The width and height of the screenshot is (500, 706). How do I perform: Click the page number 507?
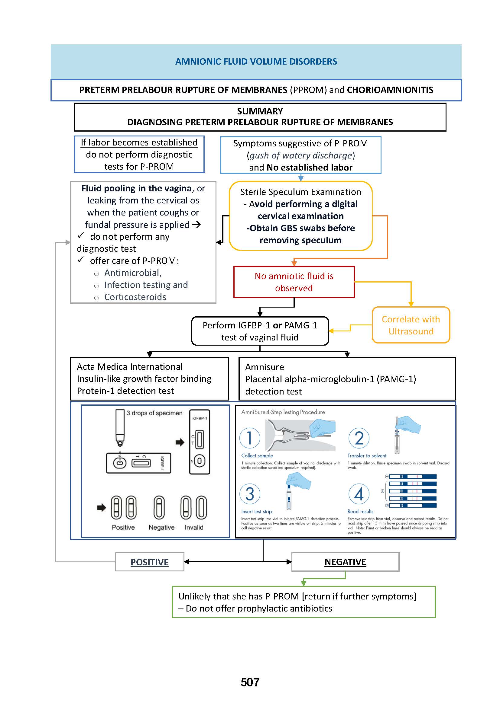(x=250, y=682)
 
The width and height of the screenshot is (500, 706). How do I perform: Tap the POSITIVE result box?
(x=150, y=562)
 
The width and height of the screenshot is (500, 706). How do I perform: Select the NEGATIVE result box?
(x=345, y=562)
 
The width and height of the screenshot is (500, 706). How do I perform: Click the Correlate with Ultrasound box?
(x=411, y=325)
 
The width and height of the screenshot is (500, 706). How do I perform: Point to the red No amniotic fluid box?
(x=294, y=282)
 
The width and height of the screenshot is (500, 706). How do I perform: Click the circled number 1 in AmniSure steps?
(x=250, y=438)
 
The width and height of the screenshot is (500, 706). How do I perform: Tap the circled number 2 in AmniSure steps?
(x=359, y=438)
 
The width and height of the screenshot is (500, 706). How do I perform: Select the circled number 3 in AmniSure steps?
(x=250, y=494)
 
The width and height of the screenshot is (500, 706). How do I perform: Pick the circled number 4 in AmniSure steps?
(x=359, y=494)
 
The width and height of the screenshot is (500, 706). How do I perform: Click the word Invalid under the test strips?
(x=194, y=527)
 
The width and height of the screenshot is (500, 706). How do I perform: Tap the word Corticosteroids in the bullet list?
(x=135, y=297)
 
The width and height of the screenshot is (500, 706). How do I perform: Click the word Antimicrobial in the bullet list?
(x=133, y=273)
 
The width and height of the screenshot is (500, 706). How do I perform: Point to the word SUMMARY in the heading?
(x=260, y=111)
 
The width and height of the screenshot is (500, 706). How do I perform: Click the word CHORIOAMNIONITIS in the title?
(x=390, y=90)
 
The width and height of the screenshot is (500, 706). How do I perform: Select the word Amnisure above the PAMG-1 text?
(x=265, y=367)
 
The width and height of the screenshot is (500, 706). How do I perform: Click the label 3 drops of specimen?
(x=154, y=413)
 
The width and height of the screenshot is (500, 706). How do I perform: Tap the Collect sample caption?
(x=257, y=456)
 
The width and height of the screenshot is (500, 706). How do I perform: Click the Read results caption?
(x=360, y=511)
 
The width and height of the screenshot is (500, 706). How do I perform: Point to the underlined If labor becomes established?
(x=139, y=142)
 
